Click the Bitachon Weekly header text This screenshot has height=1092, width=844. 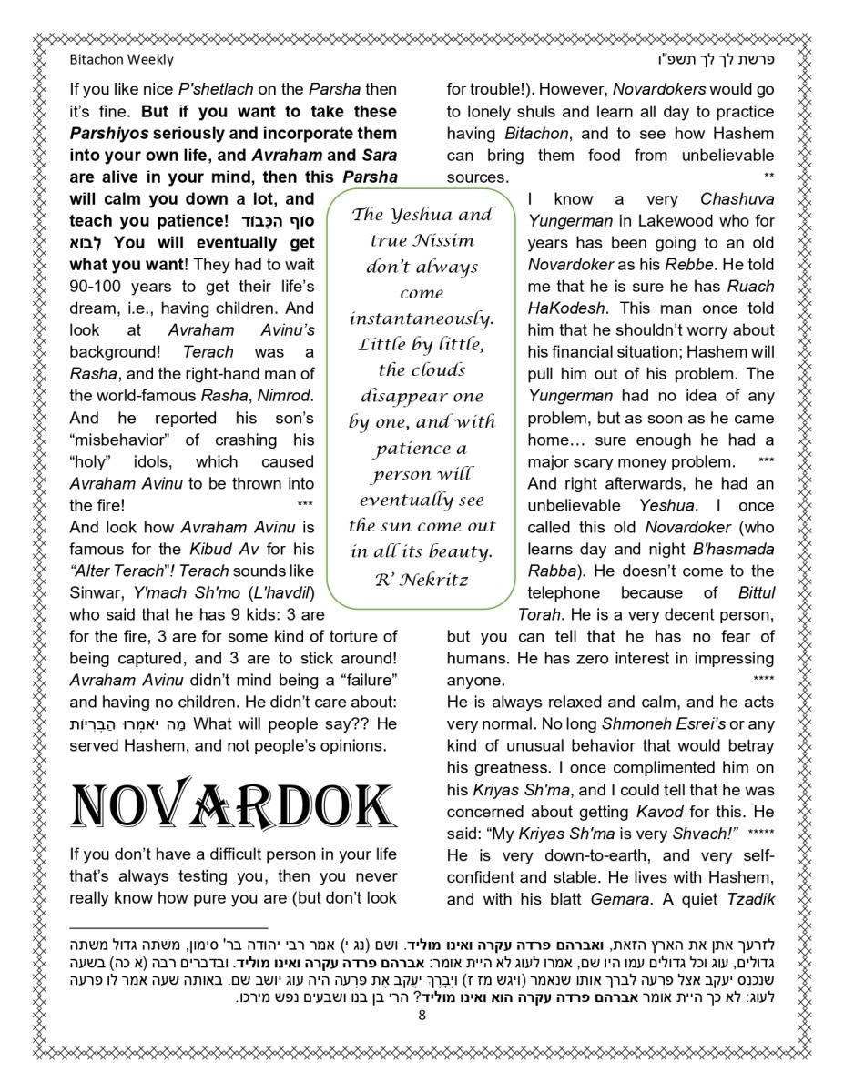pyautogui.click(x=121, y=60)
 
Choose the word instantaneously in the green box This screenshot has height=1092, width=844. pyautogui.click(x=422, y=318)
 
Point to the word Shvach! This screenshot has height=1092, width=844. pyautogui.click(x=706, y=834)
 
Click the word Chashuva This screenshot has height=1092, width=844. pyautogui.click(x=737, y=198)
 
